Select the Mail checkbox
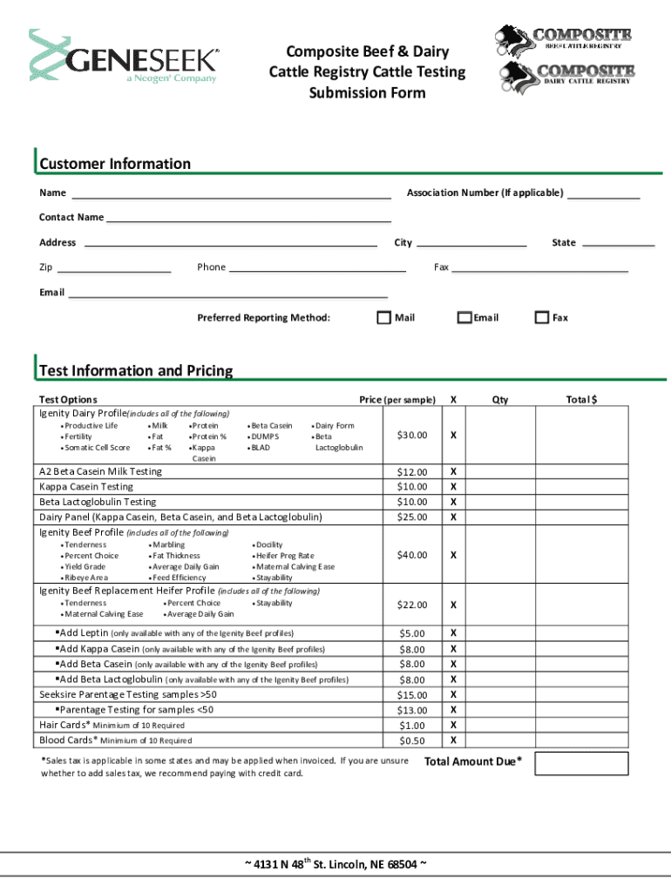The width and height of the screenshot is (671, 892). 383,318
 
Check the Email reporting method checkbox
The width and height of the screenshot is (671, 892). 465,318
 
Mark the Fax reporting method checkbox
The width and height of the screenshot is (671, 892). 542,318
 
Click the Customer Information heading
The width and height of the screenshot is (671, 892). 114,164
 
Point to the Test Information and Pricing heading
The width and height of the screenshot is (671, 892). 136,371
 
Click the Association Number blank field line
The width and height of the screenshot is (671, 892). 604,198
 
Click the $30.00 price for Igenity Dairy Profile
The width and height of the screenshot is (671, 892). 412,435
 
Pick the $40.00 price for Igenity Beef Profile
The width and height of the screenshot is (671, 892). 412,555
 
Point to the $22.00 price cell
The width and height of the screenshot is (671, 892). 412,605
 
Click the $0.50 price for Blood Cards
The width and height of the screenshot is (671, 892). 412,741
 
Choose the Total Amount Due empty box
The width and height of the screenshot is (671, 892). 581,763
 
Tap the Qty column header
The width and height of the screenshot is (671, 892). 500,400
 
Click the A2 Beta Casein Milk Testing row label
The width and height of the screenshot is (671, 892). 101,471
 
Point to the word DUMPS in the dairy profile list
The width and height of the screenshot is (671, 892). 265,436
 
